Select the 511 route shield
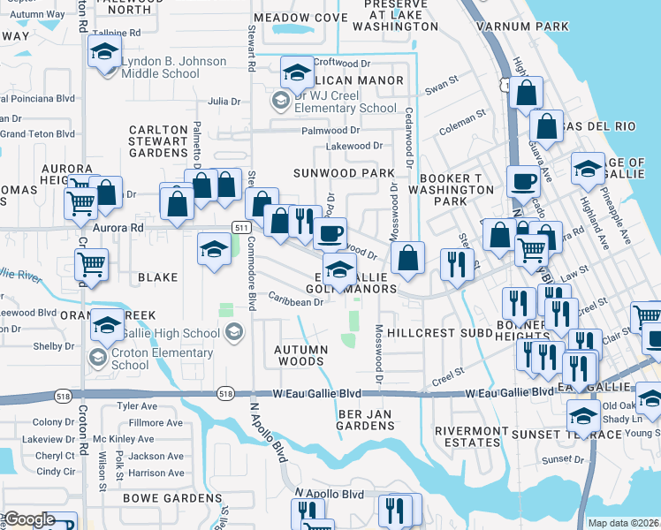pyautogui.click(x=239, y=227)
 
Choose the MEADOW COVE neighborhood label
pyautogui.click(x=300, y=18)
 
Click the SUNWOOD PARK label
pyautogui.click(x=345, y=173)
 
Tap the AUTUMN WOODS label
pyautogui.click(x=300, y=355)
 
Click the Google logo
pyautogui.click(x=29, y=519)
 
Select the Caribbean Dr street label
pyautogui.click(x=296, y=301)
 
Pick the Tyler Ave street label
pyautogui.click(x=137, y=406)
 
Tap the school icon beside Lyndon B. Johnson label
pyautogui.click(x=104, y=56)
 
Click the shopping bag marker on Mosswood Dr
pyautogui.click(x=407, y=259)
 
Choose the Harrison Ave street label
pyautogui.click(x=156, y=473)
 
